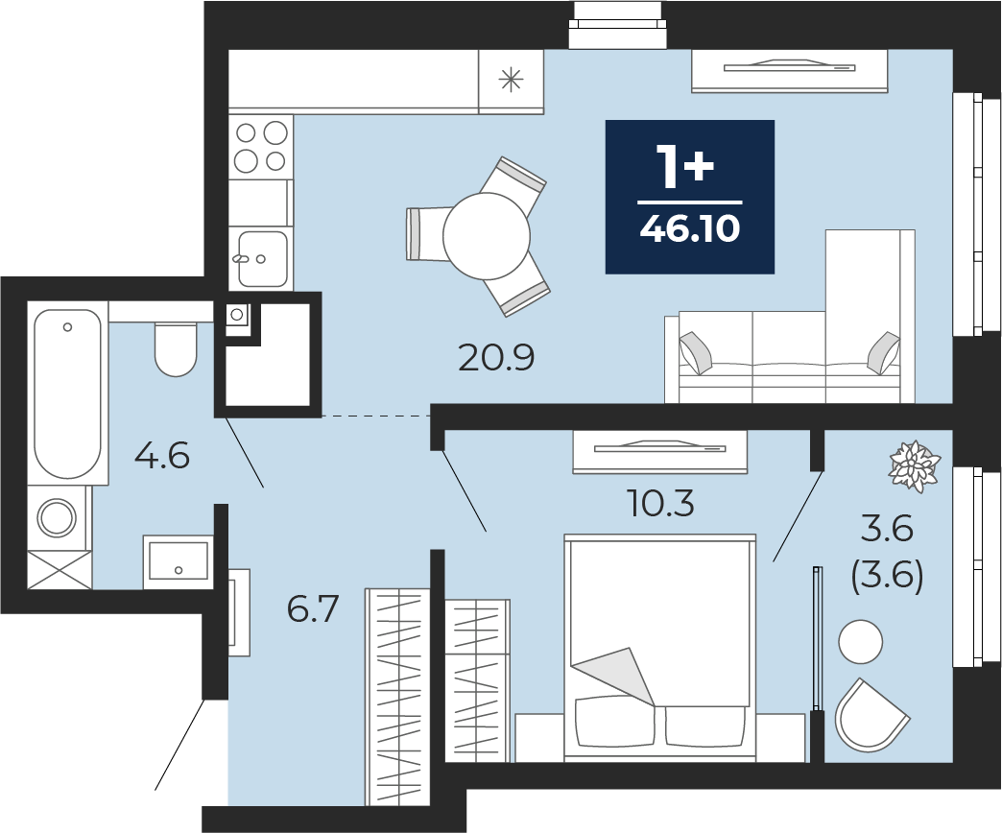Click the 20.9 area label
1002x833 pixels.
tap(496, 358)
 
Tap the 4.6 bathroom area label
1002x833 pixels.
tap(162, 457)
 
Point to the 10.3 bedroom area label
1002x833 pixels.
tap(660, 504)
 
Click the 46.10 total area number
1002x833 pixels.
tap(689, 228)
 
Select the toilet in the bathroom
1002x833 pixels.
tap(175, 349)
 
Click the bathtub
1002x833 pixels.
tap(68, 393)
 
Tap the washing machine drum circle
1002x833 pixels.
tap(57, 517)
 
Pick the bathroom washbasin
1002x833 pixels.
tap(178, 561)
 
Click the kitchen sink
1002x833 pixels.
tap(262, 259)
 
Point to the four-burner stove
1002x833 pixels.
tap(261, 147)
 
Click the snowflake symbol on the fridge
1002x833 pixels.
tap(512, 81)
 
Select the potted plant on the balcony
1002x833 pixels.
tap(915, 466)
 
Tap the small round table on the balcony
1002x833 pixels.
tap(861, 641)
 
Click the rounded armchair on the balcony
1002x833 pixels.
tap(871, 716)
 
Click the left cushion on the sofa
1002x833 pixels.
tap(696, 352)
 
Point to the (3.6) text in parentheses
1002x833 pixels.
tap(888, 578)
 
